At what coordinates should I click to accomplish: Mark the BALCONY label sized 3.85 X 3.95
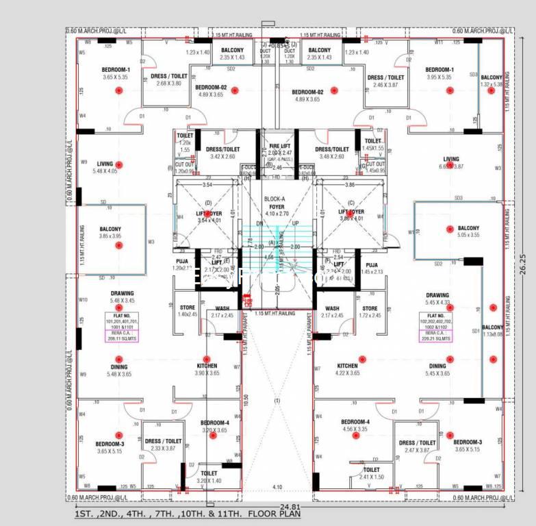(x=109, y=232)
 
